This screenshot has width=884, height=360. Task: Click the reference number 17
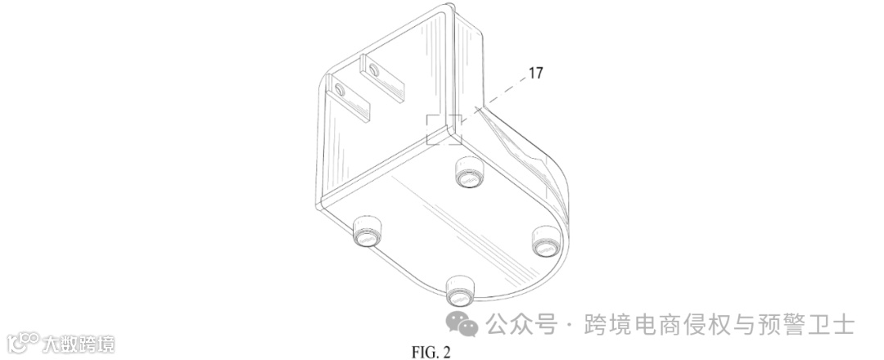tap(535, 73)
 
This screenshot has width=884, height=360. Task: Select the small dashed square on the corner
tap(443, 128)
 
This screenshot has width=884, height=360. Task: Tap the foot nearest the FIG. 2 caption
tap(460, 288)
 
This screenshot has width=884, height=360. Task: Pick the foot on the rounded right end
tap(544, 241)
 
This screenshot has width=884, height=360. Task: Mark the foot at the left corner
tap(366, 233)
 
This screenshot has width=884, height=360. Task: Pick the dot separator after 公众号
tap(568, 326)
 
